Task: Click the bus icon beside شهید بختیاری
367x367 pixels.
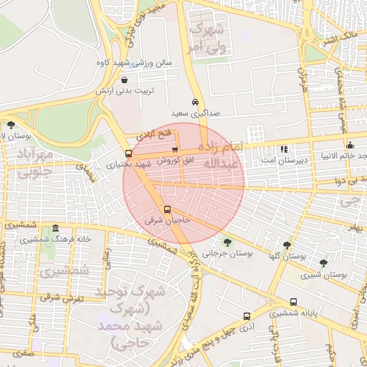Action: pos(129,153)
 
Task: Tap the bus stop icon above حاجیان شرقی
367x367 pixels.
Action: pos(167,210)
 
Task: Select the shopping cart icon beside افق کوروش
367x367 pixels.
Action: pos(174,148)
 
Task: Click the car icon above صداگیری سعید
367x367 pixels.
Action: pos(195,102)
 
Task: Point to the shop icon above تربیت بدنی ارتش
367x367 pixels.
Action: pos(126,81)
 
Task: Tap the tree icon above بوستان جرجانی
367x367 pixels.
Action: pos(228,242)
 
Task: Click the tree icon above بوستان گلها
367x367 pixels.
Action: pos(287,245)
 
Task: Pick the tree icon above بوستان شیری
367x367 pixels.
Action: pos(323,263)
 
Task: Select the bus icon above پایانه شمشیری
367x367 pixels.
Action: pos(294,302)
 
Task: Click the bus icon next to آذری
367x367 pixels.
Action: pos(247,315)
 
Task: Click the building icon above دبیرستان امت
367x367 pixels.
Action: pos(284,149)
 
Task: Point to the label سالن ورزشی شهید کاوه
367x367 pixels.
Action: pos(135,63)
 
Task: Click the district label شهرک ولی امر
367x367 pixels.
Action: pos(206,39)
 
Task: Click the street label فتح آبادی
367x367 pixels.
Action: pos(156,134)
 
